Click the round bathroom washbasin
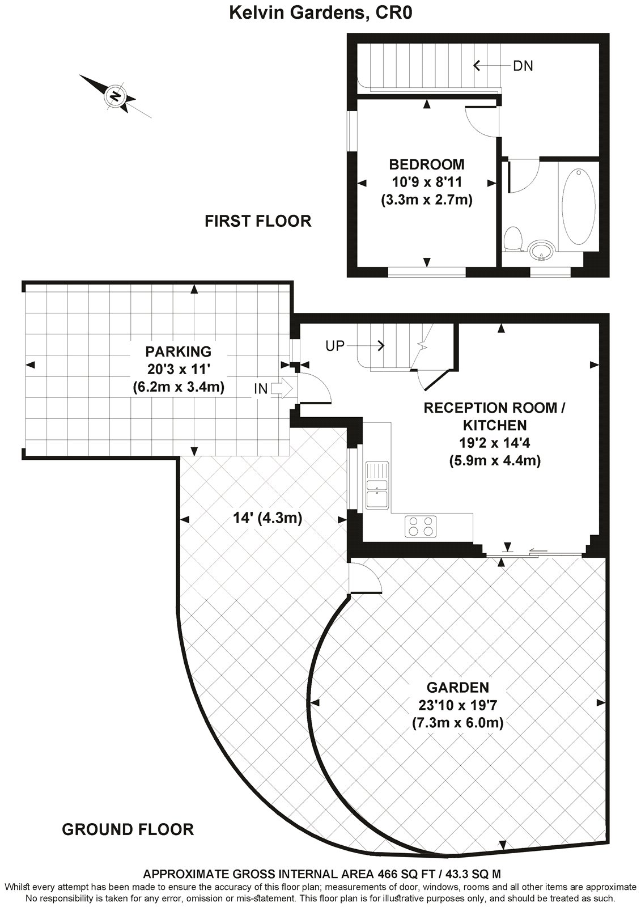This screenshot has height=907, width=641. point(542,249)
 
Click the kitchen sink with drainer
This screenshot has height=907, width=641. point(377,485)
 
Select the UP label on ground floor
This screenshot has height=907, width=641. point(335,345)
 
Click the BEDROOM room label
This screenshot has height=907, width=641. point(426,164)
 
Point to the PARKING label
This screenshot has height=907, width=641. point(178,351)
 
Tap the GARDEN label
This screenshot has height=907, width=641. point(457,688)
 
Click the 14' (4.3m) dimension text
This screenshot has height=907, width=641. point(268,518)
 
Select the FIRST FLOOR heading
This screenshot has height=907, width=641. point(258,221)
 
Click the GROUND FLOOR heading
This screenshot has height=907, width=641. point(128,830)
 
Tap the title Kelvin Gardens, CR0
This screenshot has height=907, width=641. point(320,12)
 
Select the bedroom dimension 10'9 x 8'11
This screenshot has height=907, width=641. point(426,182)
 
